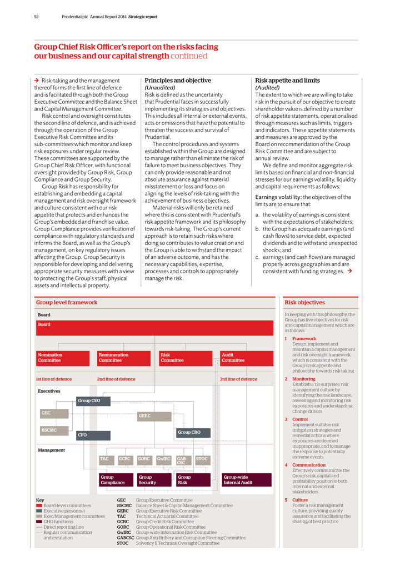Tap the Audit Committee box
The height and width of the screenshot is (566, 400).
click(245, 358)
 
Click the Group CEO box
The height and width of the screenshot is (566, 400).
click(93, 400)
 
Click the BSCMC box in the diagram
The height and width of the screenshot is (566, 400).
click(53, 430)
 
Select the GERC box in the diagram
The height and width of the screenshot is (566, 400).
click(154, 416)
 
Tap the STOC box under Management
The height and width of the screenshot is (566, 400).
click(203, 460)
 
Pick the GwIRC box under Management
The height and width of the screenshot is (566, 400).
click(163, 460)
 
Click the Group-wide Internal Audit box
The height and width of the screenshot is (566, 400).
click(246, 480)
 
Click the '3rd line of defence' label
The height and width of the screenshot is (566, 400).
click(239, 379)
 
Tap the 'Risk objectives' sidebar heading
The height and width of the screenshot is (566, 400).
click(304, 303)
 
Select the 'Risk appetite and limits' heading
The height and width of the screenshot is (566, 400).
click(287, 81)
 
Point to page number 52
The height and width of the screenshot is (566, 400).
click(36, 17)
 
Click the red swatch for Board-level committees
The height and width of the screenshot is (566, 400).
click(39, 506)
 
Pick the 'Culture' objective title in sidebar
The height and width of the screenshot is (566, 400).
click(300, 500)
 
